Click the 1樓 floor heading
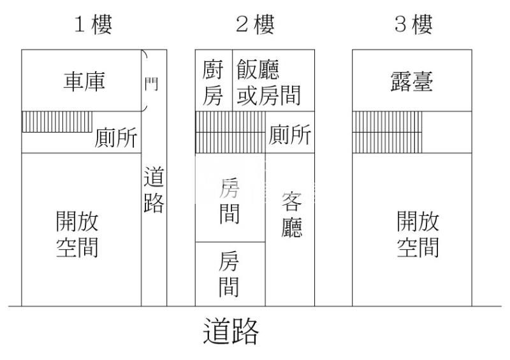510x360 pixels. pyautogui.click(x=93, y=24)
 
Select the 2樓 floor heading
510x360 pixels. pyautogui.click(x=255, y=24)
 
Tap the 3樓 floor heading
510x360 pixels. pyautogui.click(x=413, y=24)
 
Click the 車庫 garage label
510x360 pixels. pyautogui.click(x=84, y=82)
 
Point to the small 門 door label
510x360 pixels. pyautogui.click(x=151, y=84)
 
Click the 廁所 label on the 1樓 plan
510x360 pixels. pyautogui.click(x=116, y=138)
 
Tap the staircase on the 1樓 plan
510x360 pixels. pyautogui.click(x=57, y=122)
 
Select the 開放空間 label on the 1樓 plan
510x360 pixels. pyautogui.click(x=77, y=234)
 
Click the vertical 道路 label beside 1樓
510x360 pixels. pyautogui.click(x=154, y=190)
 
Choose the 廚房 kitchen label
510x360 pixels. pyautogui.click(x=213, y=83)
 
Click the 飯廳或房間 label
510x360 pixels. pyautogui.click(x=268, y=83)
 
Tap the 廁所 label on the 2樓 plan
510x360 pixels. pyautogui.click(x=289, y=134)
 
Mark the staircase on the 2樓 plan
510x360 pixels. pyautogui.click(x=230, y=133)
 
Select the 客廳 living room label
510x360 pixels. pyautogui.click(x=291, y=215)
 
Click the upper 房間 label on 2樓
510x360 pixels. pyautogui.click(x=229, y=201)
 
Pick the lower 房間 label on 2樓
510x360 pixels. pyautogui.click(x=229, y=274)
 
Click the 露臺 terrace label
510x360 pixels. pyautogui.click(x=412, y=82)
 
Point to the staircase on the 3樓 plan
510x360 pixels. pyautogui.click(x=387, y=133)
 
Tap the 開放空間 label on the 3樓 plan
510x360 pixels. pyautogui.click(x=418, y=234)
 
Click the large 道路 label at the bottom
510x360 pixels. pyautogui.click(x=231, y=331)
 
